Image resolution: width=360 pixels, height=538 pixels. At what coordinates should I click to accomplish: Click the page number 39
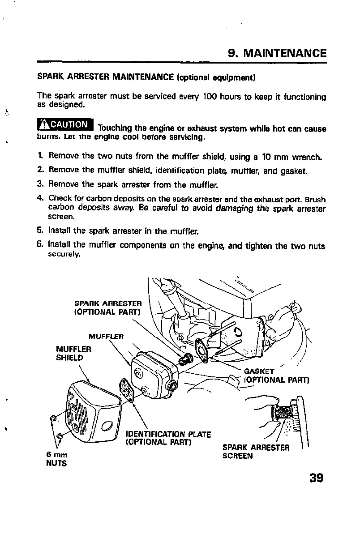[x=316, y=478]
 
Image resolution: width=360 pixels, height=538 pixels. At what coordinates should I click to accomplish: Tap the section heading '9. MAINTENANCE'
[x=277, y=54]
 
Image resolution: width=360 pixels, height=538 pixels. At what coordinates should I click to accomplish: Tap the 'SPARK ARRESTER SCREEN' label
[x=256, y=452]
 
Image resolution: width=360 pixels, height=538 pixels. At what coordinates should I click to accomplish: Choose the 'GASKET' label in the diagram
[x=259, y=371]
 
